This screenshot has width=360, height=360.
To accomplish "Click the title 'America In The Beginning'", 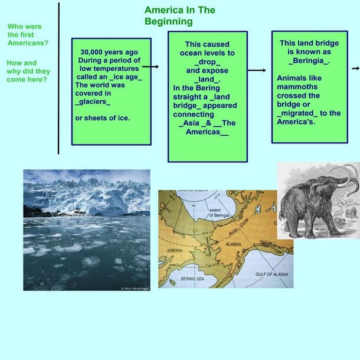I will [179, 16].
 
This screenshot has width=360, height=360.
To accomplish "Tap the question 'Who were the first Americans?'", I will [28, 35].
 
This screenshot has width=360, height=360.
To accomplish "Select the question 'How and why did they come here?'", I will [28, 71].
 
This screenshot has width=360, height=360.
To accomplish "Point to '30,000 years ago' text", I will [110, 51].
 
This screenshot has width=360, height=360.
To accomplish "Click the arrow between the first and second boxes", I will [150, 67].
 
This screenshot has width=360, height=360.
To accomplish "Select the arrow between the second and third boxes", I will [257, 70].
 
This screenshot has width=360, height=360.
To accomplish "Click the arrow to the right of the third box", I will [355, 68].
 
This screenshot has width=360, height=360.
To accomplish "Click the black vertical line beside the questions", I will [58, 77].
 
